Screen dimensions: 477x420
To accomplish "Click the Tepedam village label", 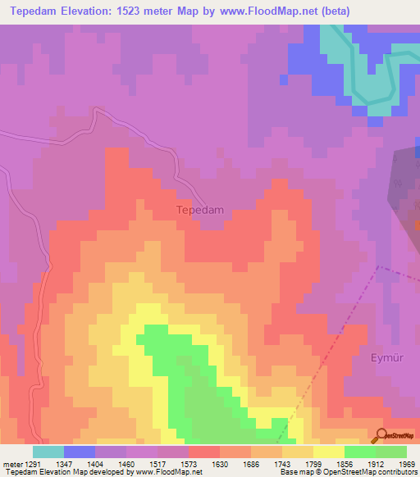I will [200, 210].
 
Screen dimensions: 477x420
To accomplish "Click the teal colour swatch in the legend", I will [48, 451].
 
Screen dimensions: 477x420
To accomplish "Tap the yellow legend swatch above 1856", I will [328, 451].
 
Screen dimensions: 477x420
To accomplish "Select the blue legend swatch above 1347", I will [80, 451].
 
